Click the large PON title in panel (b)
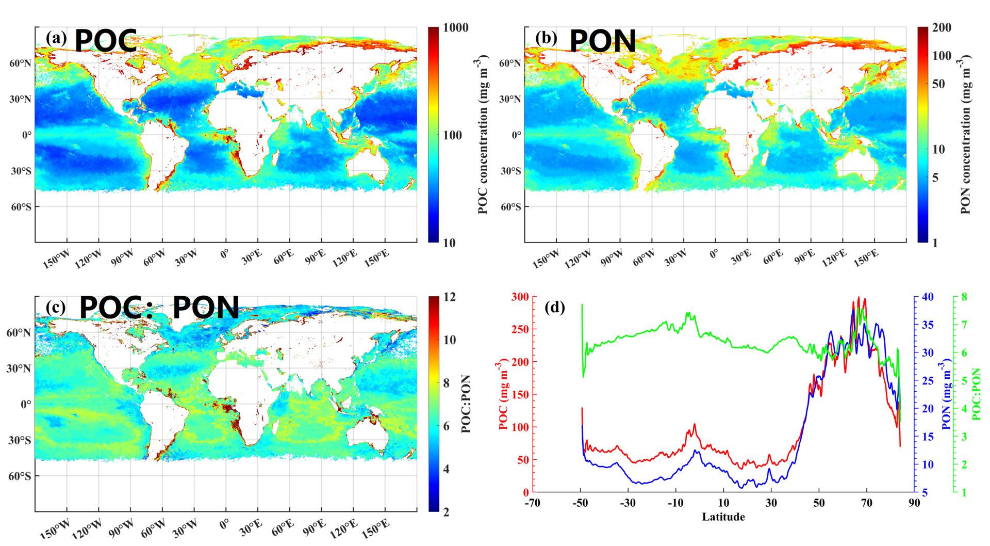coord(602,41)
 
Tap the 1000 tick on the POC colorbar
coord(456,27)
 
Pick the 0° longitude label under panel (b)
coord(714,254)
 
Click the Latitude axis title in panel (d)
coord(723,517)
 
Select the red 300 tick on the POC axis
coord(520,297)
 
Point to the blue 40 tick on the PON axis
coord(927,297)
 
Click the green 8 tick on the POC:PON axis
coord(962,297)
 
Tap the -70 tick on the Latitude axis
coord(533,503)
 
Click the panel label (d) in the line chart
coord(555,309)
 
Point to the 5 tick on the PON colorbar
coord(934,178)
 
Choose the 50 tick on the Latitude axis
coord(819,503)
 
